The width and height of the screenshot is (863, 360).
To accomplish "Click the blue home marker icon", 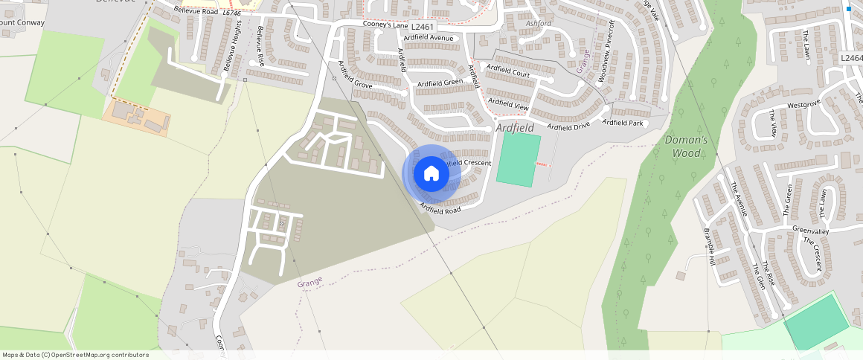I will (x=431, y=174).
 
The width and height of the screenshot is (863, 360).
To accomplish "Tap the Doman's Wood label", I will (x=683, y=147).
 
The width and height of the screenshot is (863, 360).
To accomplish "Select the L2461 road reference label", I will (x=422, y=27).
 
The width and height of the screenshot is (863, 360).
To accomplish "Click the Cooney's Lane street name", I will (x=384, y=24).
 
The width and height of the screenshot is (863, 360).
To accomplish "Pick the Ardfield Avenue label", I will (x=429, y=37).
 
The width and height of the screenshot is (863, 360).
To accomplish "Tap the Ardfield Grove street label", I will (x=355, y=75).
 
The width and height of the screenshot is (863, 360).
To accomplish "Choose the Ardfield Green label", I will (x=440, y=83).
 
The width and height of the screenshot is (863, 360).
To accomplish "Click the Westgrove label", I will (x=803, y=105).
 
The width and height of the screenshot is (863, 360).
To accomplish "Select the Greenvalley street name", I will (x=810, y=230).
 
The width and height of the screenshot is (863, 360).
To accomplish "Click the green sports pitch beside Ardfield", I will (x=518, y=159).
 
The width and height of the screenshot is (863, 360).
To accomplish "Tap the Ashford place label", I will (x=539, y=24).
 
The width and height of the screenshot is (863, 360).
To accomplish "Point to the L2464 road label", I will (x=851, y=58).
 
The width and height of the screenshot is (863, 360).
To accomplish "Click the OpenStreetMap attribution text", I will (x=75, y=355).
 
